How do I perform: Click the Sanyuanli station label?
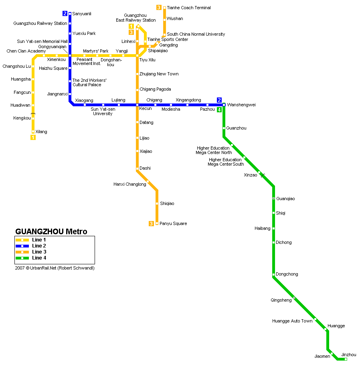pos(82,14)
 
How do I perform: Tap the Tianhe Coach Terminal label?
pos(189,8)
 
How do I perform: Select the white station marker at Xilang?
pos(33,132)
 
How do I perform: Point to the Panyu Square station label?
pos(173,223)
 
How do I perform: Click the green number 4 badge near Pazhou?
pos(219,109)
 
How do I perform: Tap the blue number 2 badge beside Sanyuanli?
pos(65,14)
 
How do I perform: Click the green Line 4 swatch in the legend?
pos(22,258)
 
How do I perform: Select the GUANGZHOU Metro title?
pos(51,231)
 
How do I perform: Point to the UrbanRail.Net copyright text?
pos(55,268)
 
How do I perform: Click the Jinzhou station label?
pos(349,355)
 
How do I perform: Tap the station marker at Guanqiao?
pos(274,198)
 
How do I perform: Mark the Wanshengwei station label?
pos(241,105)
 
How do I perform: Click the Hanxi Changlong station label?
pos(130,184)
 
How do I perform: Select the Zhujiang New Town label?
pos(159,74)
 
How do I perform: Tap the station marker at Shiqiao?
pos(157,203)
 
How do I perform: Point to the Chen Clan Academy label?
pos(26,51)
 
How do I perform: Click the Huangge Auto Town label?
pos(292,321)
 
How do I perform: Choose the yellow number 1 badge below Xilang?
pos(33,137)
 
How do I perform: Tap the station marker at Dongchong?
pos(274,274)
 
